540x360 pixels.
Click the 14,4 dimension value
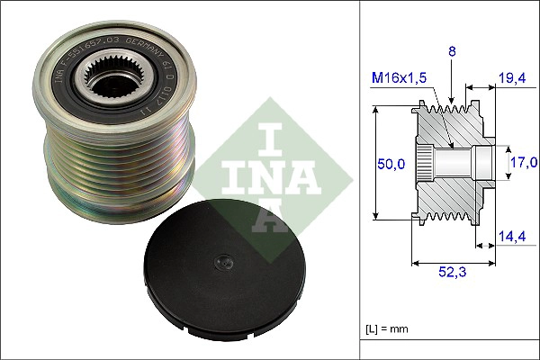(x=512, y=238)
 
